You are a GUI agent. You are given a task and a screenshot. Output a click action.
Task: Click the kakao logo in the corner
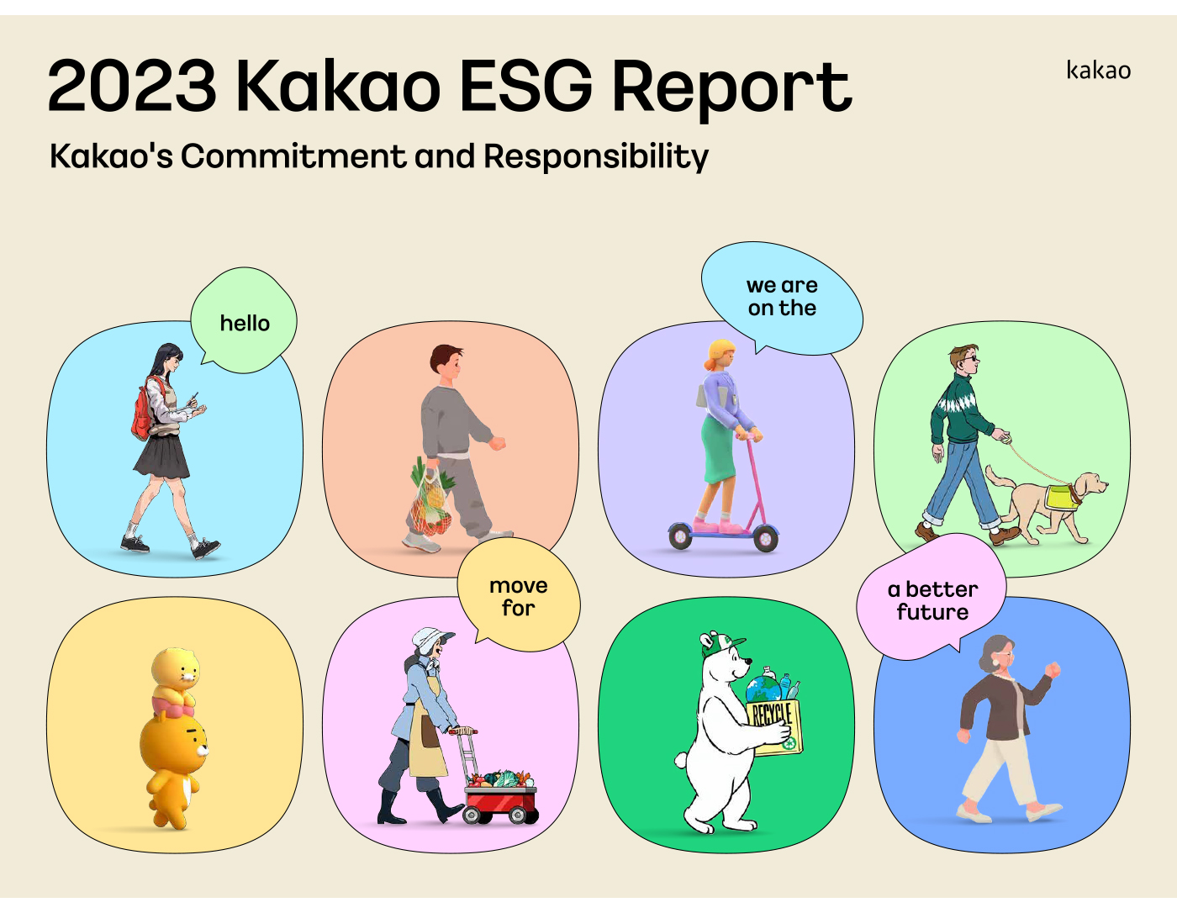pos(1099,71)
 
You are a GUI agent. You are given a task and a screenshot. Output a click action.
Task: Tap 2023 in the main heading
pos(132,86)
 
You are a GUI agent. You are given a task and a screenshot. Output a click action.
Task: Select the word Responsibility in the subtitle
pos(596,157)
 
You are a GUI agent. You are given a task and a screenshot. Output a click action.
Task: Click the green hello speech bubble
pos(244,320)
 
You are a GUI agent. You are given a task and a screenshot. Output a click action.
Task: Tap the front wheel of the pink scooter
pos(765,538)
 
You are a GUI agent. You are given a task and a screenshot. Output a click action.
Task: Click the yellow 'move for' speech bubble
pos(519,596)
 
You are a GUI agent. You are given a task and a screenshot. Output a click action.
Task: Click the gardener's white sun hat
pos(430,640)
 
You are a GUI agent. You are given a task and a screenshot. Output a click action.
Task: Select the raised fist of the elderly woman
pos(1053,670)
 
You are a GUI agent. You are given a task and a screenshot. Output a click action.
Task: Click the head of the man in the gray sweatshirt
pos(446,360)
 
